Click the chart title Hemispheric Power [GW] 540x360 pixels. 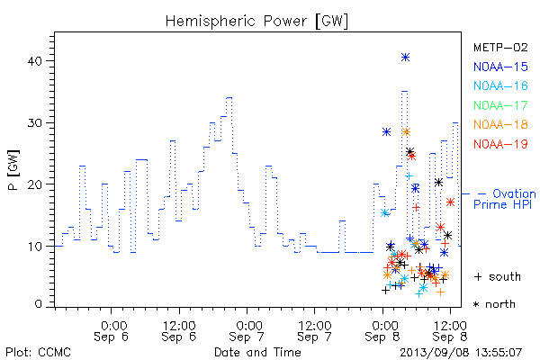[256, 22]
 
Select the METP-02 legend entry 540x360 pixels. [500, 47]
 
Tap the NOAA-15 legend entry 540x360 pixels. [500, 67]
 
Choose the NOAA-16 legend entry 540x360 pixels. [500, 85]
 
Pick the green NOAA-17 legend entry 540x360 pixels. [500, 105]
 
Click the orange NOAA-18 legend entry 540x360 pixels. [500, 124]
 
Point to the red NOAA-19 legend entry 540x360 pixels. [500, 144]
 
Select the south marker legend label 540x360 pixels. [498, 276]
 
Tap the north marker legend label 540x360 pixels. [494, 304]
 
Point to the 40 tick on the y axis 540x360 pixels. [34, 61]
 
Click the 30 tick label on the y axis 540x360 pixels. [34, 123]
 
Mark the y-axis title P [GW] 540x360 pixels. [13, 170]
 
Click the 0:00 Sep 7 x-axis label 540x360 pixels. [247, 331]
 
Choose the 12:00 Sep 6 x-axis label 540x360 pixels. [179, 331]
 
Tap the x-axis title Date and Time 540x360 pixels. [257, 352]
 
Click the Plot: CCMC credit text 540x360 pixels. [38, 353]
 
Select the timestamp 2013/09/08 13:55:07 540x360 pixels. [461, 353]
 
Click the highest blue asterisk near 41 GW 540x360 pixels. [405, 58]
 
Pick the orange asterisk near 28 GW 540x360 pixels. [406, 132]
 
